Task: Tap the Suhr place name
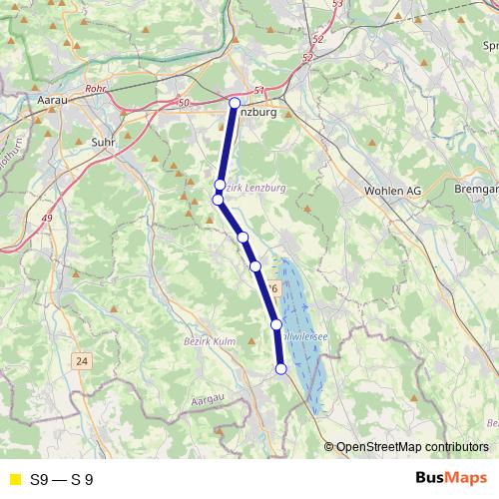(x=105, y=142)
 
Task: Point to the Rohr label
(x=96, y=89)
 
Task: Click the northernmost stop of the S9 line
(x=235, y=103)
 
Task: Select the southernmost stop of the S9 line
(x=280, y=369)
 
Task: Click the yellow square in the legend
(x=14, y=479)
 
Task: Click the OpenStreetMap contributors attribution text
(x=411, y=446)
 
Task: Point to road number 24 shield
(x=81, y=360)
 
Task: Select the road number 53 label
(x=336, y=5)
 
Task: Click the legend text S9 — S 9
(x=62, y=479)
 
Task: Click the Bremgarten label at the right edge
(x=475, y=189)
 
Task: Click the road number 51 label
(x=260, y=91)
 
